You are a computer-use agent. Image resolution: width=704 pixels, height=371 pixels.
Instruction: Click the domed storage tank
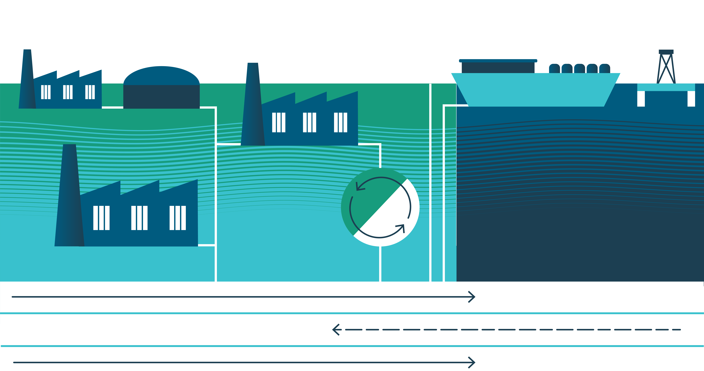pyautogui.click(x=161, y=87)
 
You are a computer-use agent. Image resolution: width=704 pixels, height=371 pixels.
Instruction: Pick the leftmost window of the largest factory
pyautogui.click(x=101, y=218)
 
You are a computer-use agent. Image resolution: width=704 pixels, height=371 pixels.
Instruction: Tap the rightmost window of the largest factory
pyautogui.click(x=178, y=218)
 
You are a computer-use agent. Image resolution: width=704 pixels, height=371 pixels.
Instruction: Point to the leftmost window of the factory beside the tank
pyautogui.click(x=46, y=92)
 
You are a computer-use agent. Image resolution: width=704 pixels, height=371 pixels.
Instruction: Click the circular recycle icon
pyautogui.click(x=380, y=207)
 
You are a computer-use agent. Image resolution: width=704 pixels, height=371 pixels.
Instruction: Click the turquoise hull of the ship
pyautogui.click(x=536, y=90)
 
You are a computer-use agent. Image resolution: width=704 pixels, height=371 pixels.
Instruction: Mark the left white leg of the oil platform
pyautogui.click(x=641, y=99)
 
